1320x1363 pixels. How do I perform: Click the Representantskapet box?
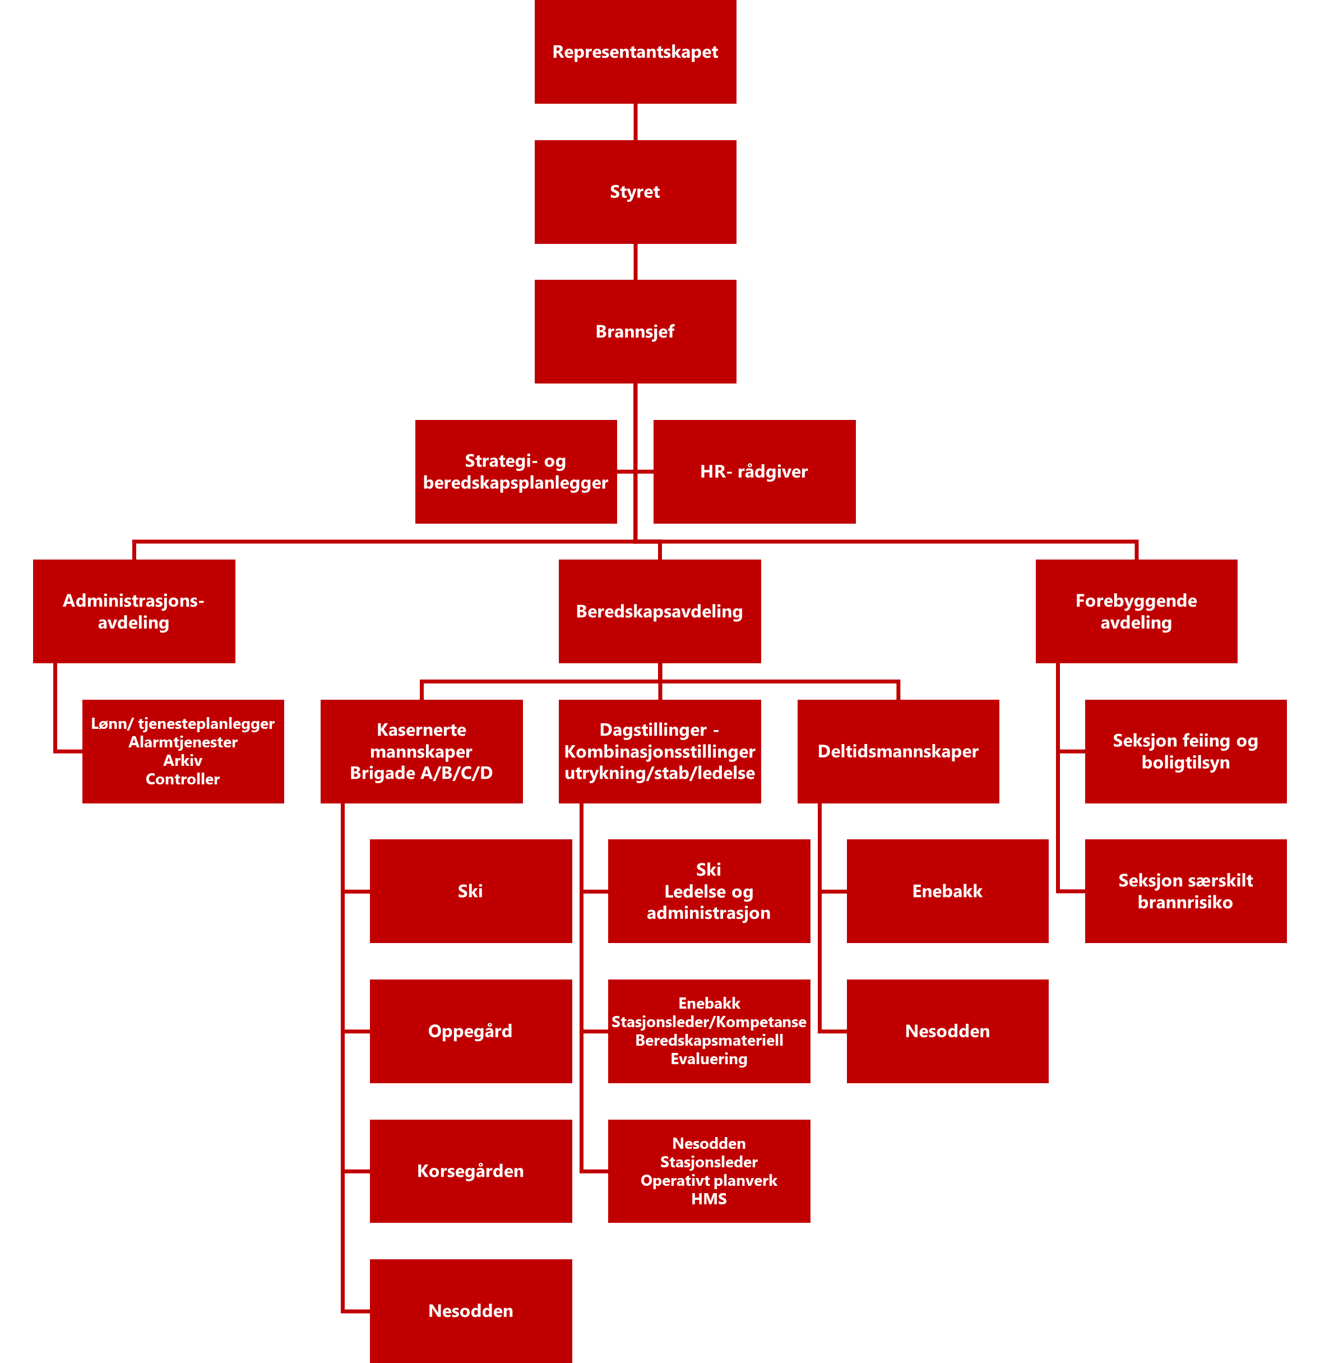point(634,52)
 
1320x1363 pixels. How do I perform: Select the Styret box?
point(634,192)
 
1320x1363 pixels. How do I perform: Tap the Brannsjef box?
point(634,332)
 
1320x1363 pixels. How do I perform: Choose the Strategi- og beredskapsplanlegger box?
point(515,472)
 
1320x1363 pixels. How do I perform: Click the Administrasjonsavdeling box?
point(133,611)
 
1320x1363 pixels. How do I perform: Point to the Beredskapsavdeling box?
point(659,611)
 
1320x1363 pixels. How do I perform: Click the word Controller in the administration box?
point(182,779)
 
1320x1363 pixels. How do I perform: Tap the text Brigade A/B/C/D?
point(422,773)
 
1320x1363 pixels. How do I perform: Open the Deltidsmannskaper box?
point(897,751)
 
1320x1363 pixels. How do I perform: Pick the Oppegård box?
point(471,1031)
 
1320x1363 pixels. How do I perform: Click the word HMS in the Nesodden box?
point(708,1198)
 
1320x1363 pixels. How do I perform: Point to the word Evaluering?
point(708,1059)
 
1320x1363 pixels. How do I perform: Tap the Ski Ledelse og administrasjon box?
point(708,891)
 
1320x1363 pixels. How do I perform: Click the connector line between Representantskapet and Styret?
point(635,122)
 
